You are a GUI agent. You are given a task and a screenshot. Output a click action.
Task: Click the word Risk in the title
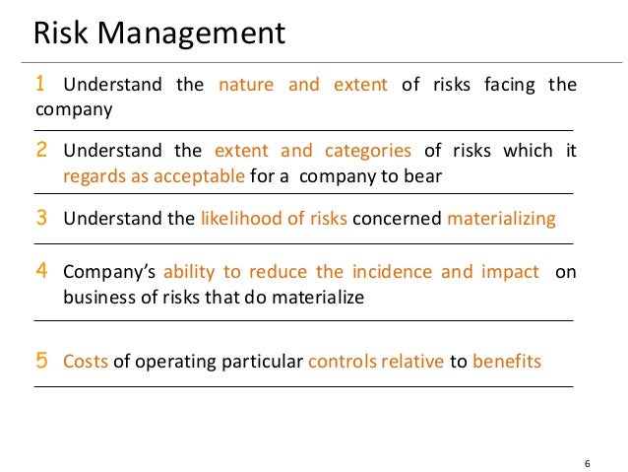point(60,34)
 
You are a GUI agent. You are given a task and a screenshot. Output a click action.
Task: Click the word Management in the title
point(188,36)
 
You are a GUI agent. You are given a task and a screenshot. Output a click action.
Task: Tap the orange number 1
point(40,85)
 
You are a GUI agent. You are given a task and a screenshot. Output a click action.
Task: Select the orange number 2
point(41,151)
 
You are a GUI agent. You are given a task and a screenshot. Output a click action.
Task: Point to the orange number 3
point(41,218)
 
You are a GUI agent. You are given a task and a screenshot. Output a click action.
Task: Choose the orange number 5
point(41,361)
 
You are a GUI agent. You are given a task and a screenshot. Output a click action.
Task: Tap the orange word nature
point(246,85)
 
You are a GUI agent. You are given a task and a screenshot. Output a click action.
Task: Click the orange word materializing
point(502,219)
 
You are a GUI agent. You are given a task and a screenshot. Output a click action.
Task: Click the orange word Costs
point(86,362)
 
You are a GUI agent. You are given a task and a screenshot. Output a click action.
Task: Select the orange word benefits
point(507,362)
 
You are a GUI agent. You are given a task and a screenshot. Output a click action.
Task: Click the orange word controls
point(340,362)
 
